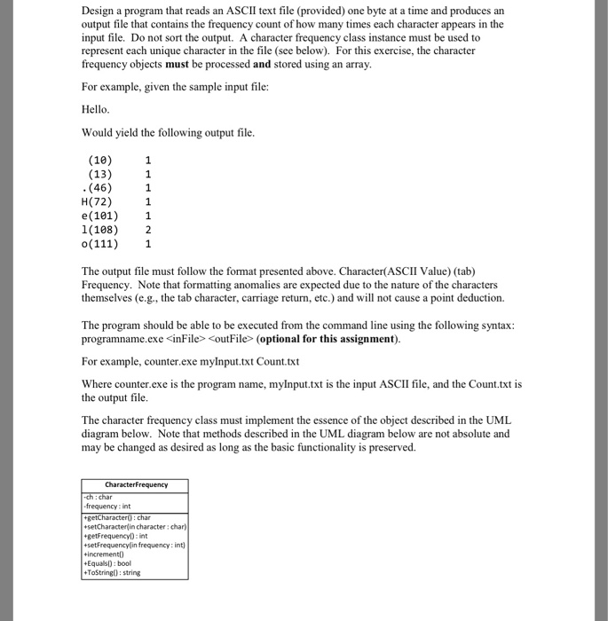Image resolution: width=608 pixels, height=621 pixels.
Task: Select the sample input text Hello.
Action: tap(96, 109)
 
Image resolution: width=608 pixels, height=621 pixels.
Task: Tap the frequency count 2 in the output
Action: tap(148, 229)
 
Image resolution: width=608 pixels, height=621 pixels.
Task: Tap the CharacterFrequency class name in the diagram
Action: tap(135, 484)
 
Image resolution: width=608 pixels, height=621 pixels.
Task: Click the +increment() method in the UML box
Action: tap(105, 551)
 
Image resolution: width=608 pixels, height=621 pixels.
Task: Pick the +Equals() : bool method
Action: tap(106, 562)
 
